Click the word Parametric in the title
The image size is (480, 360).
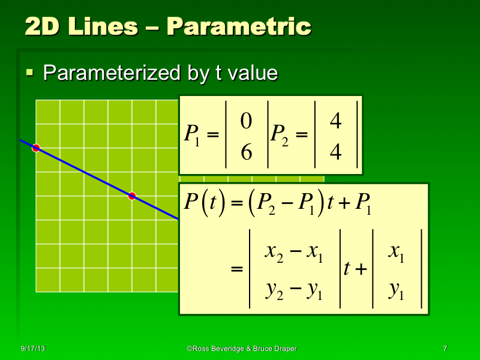tap(239, 26)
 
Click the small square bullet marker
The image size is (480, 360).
tap(29, 73)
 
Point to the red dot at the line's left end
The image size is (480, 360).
tap(36, 148)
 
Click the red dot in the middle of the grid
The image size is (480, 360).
tap(132, 196)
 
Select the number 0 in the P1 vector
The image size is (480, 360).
tap(245, 122)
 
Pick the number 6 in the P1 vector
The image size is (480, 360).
tap(245, 153)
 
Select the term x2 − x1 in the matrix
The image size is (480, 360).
tap(294, 254)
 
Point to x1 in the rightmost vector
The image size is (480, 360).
tap(396, 254)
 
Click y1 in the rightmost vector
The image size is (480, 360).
tap(396, 291)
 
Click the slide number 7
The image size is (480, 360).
tap(445, 349)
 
